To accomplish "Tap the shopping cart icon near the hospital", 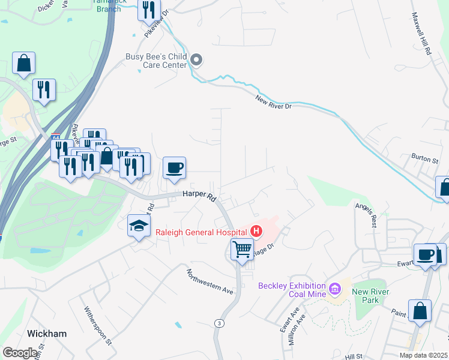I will (x=242, y=248).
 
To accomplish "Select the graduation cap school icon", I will (x=139, y=226).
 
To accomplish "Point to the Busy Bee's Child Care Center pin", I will (x=197, y=59).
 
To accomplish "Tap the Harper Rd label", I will (x=199, y=196).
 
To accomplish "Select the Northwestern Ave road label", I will (x=209, y=281).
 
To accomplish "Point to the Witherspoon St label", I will (x=98, y=325).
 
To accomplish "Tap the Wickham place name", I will (x=47, y=333).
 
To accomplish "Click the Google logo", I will (x=20, y=353).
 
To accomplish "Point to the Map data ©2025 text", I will (x=424, y=355).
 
